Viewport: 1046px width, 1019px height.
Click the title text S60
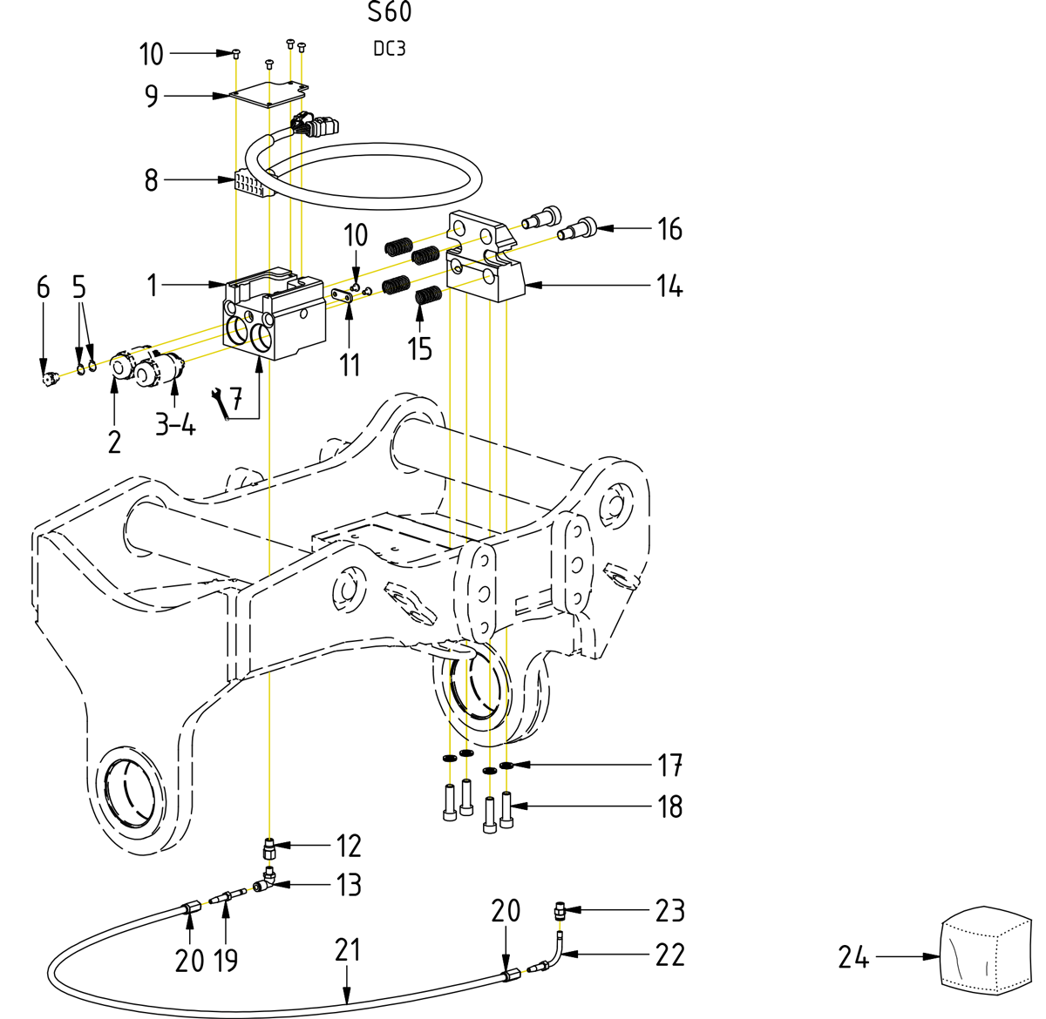click(x=390, y=13)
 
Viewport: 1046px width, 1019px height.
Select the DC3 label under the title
click(x=390, y=49)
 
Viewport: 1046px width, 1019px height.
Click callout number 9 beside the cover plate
click(x=152, y=96)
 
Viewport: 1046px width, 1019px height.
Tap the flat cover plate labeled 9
click(x=270, y=93)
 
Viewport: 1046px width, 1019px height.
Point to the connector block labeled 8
click(x=248, y=184)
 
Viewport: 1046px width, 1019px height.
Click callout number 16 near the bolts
click(x=669, y=229)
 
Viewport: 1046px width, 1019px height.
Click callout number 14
click(x=669, y=286)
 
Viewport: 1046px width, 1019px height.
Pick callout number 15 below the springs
click(x=419, y=348)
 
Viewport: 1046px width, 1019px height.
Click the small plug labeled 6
click(x=49, y=379)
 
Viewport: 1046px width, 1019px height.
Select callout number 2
click(x=114, y=442)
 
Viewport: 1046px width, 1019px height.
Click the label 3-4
click(x=175, y=425)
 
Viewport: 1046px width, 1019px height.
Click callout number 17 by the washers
click(x=669, y=766)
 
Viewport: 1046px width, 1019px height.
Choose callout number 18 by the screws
click(x=669, y=806)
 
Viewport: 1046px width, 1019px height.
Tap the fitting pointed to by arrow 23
click(x=558, y=912)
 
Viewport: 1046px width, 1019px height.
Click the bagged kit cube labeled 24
click(x=985, y=952)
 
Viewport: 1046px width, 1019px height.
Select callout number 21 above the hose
click(x=347, y=949)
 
